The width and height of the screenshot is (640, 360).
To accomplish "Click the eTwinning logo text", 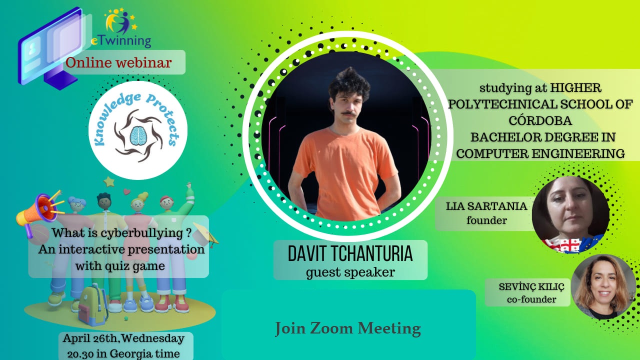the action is tap(121, 41).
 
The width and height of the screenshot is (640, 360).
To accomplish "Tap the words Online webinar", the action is tap(118, 62).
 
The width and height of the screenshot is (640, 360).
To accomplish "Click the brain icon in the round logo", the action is tap(138, 135).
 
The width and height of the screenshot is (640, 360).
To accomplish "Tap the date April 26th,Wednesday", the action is tap(123, 339).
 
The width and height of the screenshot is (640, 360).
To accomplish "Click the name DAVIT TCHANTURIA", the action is tap(350, 253).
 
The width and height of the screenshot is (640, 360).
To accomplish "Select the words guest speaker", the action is tap(350, 272).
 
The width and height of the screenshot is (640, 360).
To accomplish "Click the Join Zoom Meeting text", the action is tap(348, 328).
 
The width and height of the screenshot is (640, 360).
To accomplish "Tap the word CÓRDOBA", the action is tap(540, 120).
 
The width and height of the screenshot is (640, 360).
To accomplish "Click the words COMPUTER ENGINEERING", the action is tap(540, 153).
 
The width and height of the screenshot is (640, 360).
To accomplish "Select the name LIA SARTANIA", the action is tap(486, 206).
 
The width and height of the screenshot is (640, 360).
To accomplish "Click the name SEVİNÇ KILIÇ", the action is tap(531, 287).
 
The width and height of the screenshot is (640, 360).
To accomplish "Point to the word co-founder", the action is tap(531, 299).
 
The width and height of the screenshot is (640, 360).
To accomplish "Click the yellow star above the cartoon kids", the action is tap(109, 181).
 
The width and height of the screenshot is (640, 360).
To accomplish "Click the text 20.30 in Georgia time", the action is tap(123, 353).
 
